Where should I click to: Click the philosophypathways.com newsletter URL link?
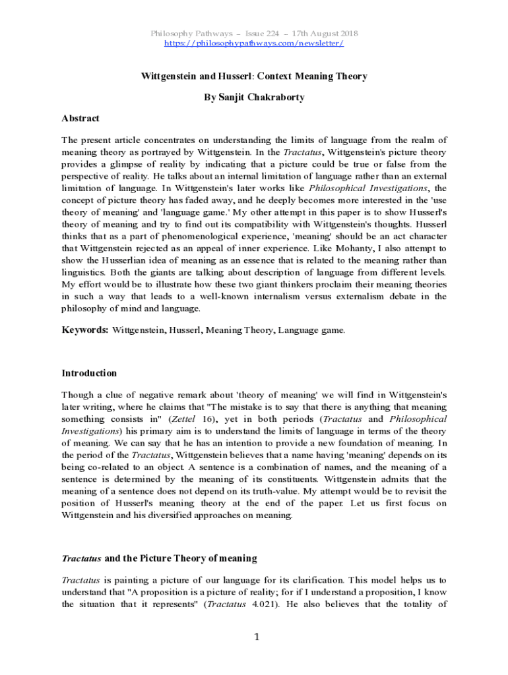(253, 43)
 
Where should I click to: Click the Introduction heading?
(89, 373)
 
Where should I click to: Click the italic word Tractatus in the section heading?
(81, 558)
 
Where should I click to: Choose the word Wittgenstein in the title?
(172, 76)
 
